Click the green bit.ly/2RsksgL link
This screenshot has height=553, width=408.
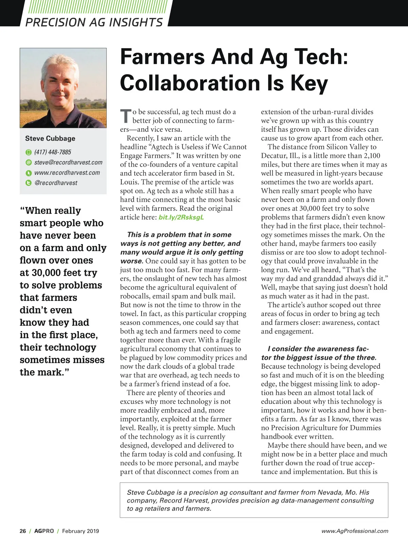181,217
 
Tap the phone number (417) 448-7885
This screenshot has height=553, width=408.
53,152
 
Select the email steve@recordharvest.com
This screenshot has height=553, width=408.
68,162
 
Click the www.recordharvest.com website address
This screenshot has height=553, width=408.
67,173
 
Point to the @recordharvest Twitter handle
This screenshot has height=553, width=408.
56,183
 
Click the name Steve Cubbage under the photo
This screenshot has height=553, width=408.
50,139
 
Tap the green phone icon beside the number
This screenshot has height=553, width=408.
29,152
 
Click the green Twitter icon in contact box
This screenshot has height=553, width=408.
29,183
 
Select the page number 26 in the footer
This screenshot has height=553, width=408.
23,531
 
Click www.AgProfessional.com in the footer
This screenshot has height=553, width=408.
355,531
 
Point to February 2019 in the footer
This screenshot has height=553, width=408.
81,531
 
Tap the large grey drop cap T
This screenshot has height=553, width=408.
125,116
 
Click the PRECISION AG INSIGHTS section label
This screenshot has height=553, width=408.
94,22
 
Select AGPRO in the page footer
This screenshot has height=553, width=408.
44,531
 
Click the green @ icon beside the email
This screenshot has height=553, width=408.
29,162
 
